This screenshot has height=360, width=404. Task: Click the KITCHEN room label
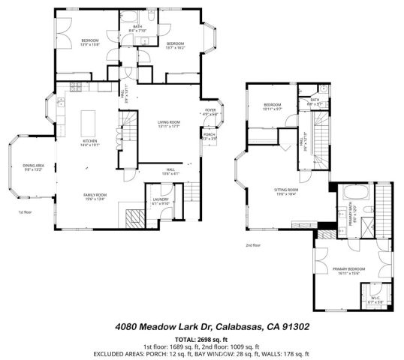tap(89, 140)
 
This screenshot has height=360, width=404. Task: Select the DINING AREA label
tap(33, 166)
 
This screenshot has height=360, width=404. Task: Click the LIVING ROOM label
tap(172, 124)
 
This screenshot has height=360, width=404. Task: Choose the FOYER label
tap(211, 111)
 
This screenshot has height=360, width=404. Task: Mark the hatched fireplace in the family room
tap(135, 218)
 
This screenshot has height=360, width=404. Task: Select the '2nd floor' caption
tap(253, 244)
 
